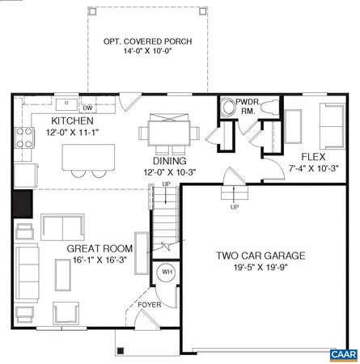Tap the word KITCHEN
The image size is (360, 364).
click(x=49, y=121)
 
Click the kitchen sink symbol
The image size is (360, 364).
click(x=67, y=105)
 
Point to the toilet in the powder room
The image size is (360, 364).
click(x=227, y=108)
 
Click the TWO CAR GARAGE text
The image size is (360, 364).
click(x=260, y=256)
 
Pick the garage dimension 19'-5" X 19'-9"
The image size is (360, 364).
click(x=260, y=268)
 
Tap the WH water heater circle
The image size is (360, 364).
click(x=167, y=272)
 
